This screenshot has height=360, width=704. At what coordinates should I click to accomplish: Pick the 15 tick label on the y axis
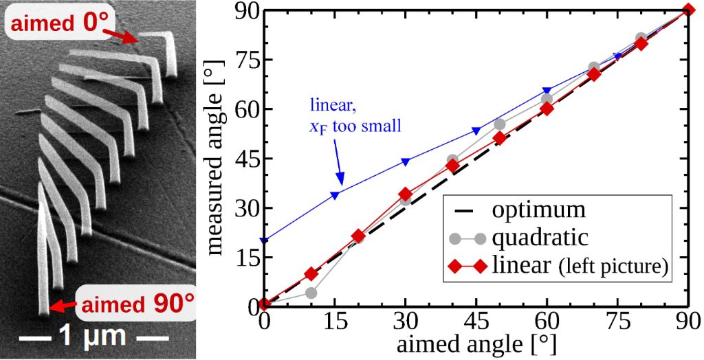coord(245,257)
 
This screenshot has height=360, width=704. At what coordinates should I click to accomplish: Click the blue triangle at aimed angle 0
coord(264,240)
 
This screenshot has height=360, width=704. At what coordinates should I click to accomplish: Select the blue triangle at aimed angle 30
coord(406,161)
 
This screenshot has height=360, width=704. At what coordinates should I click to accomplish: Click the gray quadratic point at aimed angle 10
coord(311,293)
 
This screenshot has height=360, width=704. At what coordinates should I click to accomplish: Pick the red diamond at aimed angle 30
coord(406,194)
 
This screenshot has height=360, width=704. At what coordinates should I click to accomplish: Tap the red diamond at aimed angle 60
coord(547,109)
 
